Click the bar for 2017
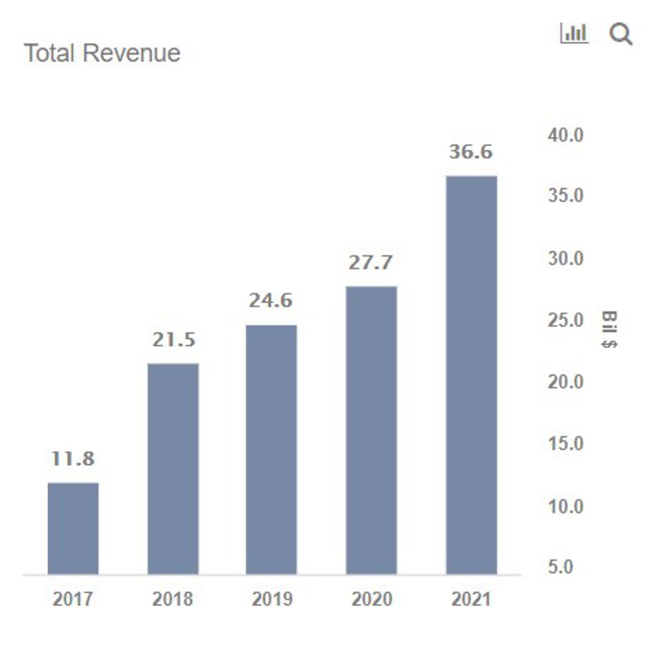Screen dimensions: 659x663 (x=73, y=528)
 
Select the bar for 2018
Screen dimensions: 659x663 (x=173, y=469)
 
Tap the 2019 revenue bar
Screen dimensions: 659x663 (x=271, y=449)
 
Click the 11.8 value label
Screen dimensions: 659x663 (x=73, y=458)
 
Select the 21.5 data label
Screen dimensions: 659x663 (x=173, y=340)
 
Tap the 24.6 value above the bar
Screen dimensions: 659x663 (x=271, y=301)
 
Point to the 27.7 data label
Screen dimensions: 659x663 (x=371, y=262)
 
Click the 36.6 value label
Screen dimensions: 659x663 (x=471, y=152)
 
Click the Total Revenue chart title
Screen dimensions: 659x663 (x=102, y=53)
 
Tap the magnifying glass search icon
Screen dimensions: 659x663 (x=621, y=34)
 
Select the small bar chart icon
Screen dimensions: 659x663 (x=574, y=33)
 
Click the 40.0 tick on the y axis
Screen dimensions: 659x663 (x=566, y=135)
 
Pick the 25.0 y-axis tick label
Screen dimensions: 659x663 (x=566, y=321)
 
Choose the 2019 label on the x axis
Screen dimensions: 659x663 (x=271, y=598)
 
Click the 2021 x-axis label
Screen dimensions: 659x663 (x=471, y=598)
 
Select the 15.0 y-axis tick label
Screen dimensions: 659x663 (x=566, y=444)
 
